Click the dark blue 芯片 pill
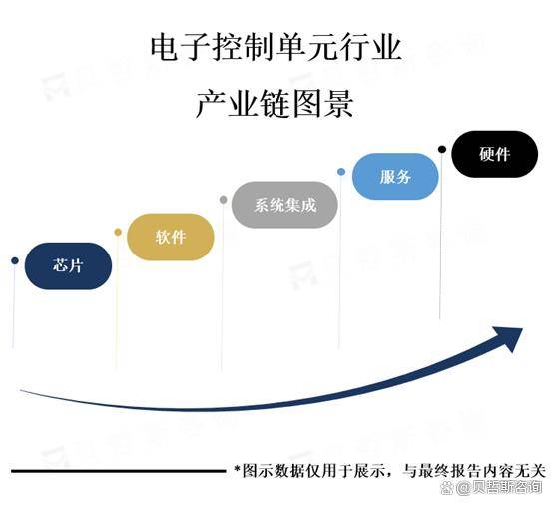pos(68,266)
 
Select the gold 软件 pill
pos(171,237)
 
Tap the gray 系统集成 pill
pos(284,205)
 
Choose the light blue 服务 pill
pos(395,177)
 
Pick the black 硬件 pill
pos(494,154)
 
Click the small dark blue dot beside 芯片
pos(14,260)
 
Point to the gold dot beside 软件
pos(118,232)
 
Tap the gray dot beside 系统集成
pos(223,200)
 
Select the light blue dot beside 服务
pos(341,172)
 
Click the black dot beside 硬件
pos(442,149)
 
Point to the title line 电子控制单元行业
pos(276,47)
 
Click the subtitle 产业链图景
pos(275,104)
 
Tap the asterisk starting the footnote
pos(237,470)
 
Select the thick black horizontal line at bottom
pos(118,471)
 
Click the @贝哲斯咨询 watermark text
pos(499,488)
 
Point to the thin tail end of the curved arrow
pos(21,390)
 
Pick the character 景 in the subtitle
pos(339,104)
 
